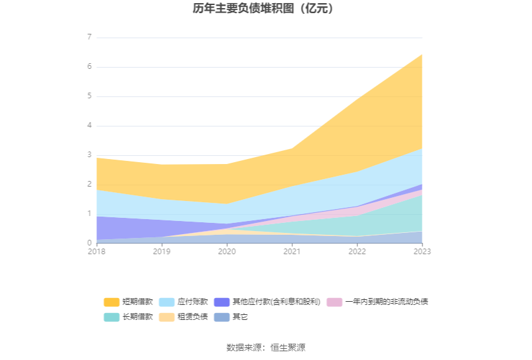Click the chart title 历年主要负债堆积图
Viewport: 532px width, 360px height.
coord(265,9)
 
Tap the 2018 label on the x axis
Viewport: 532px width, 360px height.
coord(97,251)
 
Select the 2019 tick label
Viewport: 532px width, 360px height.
coord(162,251)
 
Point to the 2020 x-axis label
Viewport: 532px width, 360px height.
coord(227,251)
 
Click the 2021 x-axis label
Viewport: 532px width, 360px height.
coord(292,251)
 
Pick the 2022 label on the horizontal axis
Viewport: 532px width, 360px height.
coord(357,251)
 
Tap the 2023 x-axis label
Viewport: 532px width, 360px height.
coord(422,251)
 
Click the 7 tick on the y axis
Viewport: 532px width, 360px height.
coord(89,38)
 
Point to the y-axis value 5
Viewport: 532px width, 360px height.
coord(89,96)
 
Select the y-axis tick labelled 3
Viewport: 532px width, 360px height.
coord(89,155)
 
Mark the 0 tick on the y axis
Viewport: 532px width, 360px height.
coord(89,243)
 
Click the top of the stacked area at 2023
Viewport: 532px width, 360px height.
coord(422,54)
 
